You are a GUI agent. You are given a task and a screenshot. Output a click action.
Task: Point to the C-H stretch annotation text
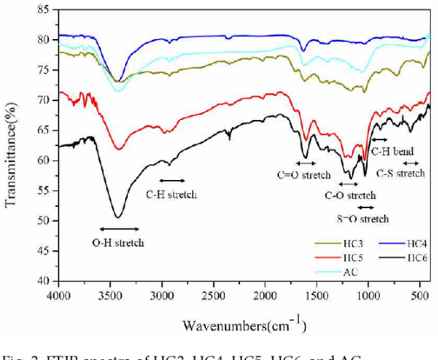(x=171, y=194)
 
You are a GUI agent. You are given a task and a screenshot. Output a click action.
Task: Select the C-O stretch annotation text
(x=351, y=196)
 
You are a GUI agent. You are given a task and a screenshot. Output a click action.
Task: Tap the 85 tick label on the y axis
(x=45, y=9)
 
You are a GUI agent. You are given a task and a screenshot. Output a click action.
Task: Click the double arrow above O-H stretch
(x=116, y=230)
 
